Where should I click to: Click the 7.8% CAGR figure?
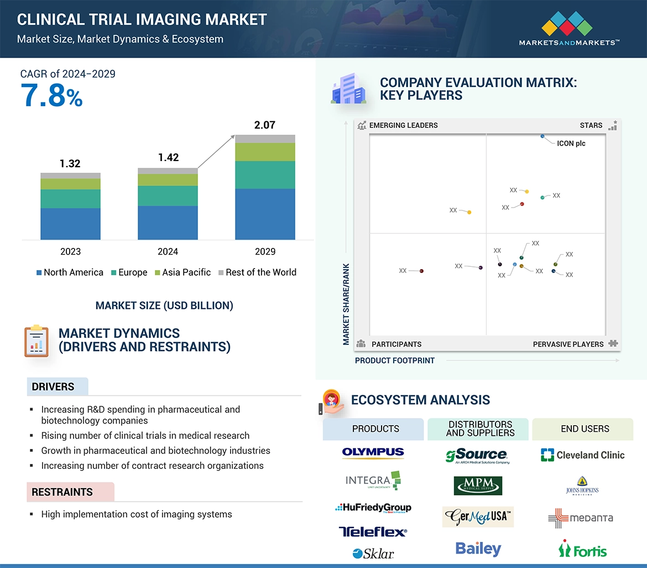click(51, 95)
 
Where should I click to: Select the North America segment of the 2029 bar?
click(265, 214)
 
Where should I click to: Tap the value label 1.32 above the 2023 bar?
click(70, 163)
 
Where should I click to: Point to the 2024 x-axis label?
click(168, 251)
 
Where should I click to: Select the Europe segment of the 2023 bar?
click(70, 199)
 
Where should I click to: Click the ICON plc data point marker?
click(542, 136)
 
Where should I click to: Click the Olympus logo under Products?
click(373, 453)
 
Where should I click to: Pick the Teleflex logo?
click(373, 532)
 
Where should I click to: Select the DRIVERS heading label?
click(53, 387)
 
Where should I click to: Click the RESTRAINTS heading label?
click(62, 492)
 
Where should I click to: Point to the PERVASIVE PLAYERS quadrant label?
click(568, 344)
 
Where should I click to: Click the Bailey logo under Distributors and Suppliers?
click(478, 549)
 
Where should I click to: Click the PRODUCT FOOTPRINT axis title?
click(395, 360)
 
